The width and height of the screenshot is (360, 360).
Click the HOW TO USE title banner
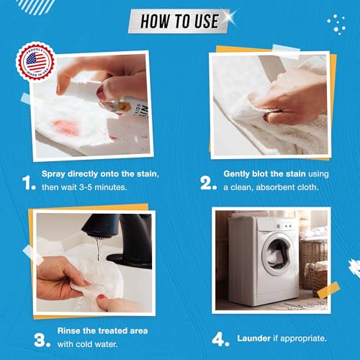(179, 21)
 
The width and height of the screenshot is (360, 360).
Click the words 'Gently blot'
(250, 175)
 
